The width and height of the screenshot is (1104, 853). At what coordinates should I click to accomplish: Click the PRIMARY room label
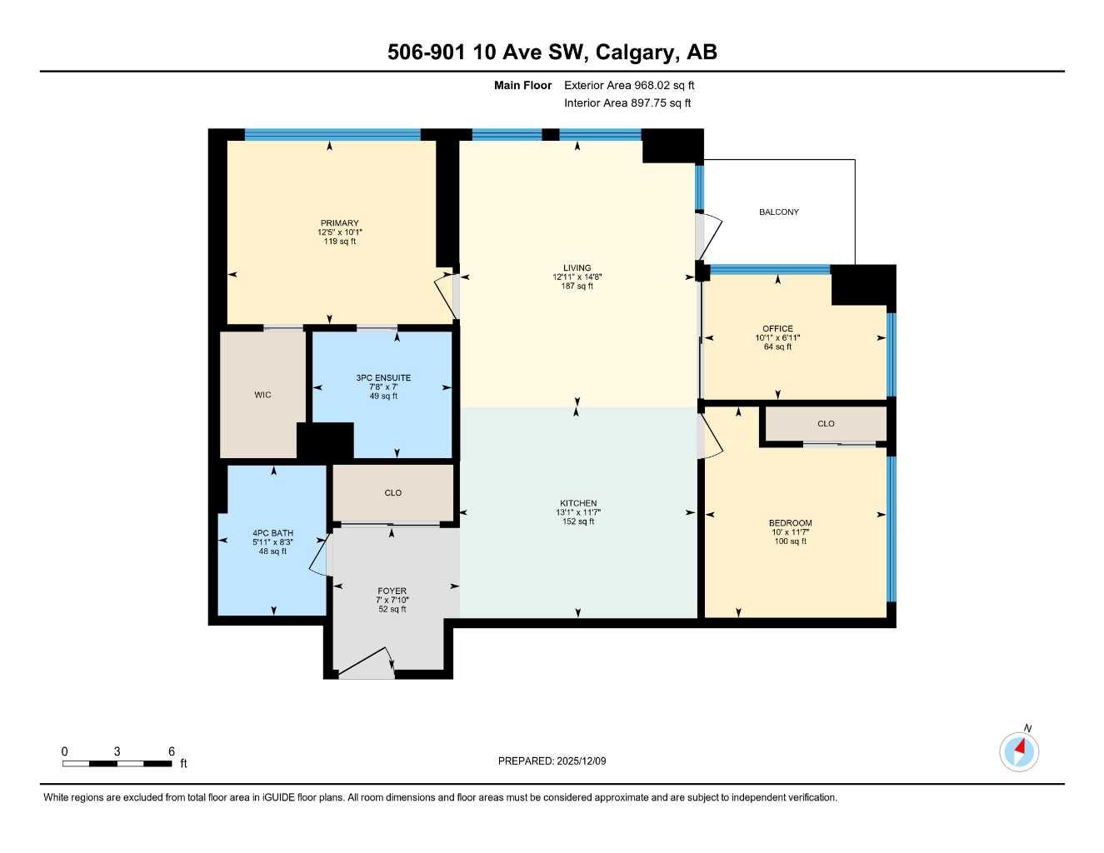click(x=339, y=223)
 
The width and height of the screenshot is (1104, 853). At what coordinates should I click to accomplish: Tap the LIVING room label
click(x=577, y=268)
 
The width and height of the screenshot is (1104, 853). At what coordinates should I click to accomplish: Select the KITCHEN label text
click(x=578, y=503)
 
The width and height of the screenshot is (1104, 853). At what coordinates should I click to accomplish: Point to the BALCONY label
click(x=778, y=212)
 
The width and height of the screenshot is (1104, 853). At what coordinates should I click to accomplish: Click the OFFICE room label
click(x=777, y=328)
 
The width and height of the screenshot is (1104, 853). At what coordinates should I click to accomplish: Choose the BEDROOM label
click(x=790, y=523)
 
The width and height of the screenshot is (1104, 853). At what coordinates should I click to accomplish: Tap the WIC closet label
click(x=262, y=395)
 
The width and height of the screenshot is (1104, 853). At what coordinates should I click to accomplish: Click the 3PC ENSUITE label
click(x=383, y=377)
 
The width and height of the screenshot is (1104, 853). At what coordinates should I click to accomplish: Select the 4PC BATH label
click(x=272, y=533)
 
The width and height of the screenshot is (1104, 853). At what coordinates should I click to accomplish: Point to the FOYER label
click(x=392, y=591)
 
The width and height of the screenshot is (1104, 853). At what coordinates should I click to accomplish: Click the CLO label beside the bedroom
click(x=826, y=424)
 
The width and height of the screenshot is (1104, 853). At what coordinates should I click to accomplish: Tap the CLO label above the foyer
click(x=393, y=493)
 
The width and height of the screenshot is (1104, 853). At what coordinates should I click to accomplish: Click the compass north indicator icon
click(x=1019, y=751)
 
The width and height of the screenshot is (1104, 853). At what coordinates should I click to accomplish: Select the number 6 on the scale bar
click(x=172, y=751)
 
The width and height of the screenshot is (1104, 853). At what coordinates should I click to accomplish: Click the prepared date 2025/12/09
click(x=581, y=761)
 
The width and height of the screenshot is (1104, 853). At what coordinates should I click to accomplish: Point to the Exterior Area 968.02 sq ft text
click(x=629, y=85)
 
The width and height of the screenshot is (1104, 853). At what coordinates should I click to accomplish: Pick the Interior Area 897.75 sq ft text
click(x=627, y=103)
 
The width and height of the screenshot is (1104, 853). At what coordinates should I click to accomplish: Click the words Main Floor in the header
click(x=522, y=85)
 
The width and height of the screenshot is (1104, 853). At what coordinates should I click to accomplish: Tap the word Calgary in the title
click(x=637, y=52)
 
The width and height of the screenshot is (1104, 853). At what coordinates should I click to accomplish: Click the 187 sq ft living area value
click(x=577, y=287)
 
